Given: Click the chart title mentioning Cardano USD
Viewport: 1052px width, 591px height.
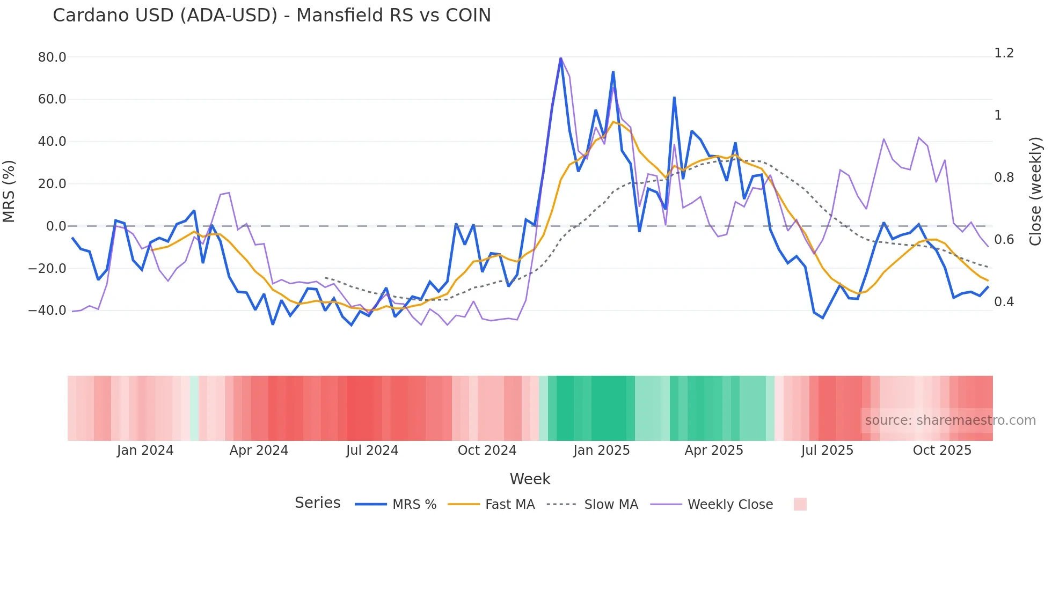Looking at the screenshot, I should pyautogui.click(x=272, y=15).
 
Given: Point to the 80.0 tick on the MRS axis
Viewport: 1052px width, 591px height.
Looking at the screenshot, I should pyautogui.click(x=52, y=57).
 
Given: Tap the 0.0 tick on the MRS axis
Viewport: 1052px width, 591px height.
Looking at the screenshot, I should pyautogui.click(x=56, y=226).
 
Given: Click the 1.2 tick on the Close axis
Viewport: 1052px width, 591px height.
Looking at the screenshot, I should pyautogui.click(x=1004, y=53).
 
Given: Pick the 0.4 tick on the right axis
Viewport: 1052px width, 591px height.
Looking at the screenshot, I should pyautogui.click(x=1004, y=301).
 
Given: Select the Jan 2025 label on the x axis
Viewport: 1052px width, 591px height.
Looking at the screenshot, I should pyautogui.click(x=601, y=450).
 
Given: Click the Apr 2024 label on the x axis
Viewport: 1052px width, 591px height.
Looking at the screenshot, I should pyautogui.click(x=259, y=450).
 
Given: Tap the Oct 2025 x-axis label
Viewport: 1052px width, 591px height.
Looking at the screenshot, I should pyautogui.click(x=942, y=450).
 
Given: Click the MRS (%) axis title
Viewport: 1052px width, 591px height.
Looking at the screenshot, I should pyautogui.click(x=9, y=191).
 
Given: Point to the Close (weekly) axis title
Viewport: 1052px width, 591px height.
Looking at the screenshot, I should pyautogui.click(x=1035, y=191).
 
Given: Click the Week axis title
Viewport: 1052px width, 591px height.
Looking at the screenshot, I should pyautogui.click(x=530, y=478).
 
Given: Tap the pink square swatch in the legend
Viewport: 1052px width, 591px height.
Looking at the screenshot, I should pyautogui.click(x=800, y=504).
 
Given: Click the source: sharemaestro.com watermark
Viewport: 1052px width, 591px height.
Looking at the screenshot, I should pyautogui.click(x=950, y=420).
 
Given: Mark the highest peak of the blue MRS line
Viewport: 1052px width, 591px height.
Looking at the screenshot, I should pyautogui.click(x=561, y=58).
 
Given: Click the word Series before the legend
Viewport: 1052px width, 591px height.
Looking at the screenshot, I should pyautogui.click(x=317, y=503).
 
